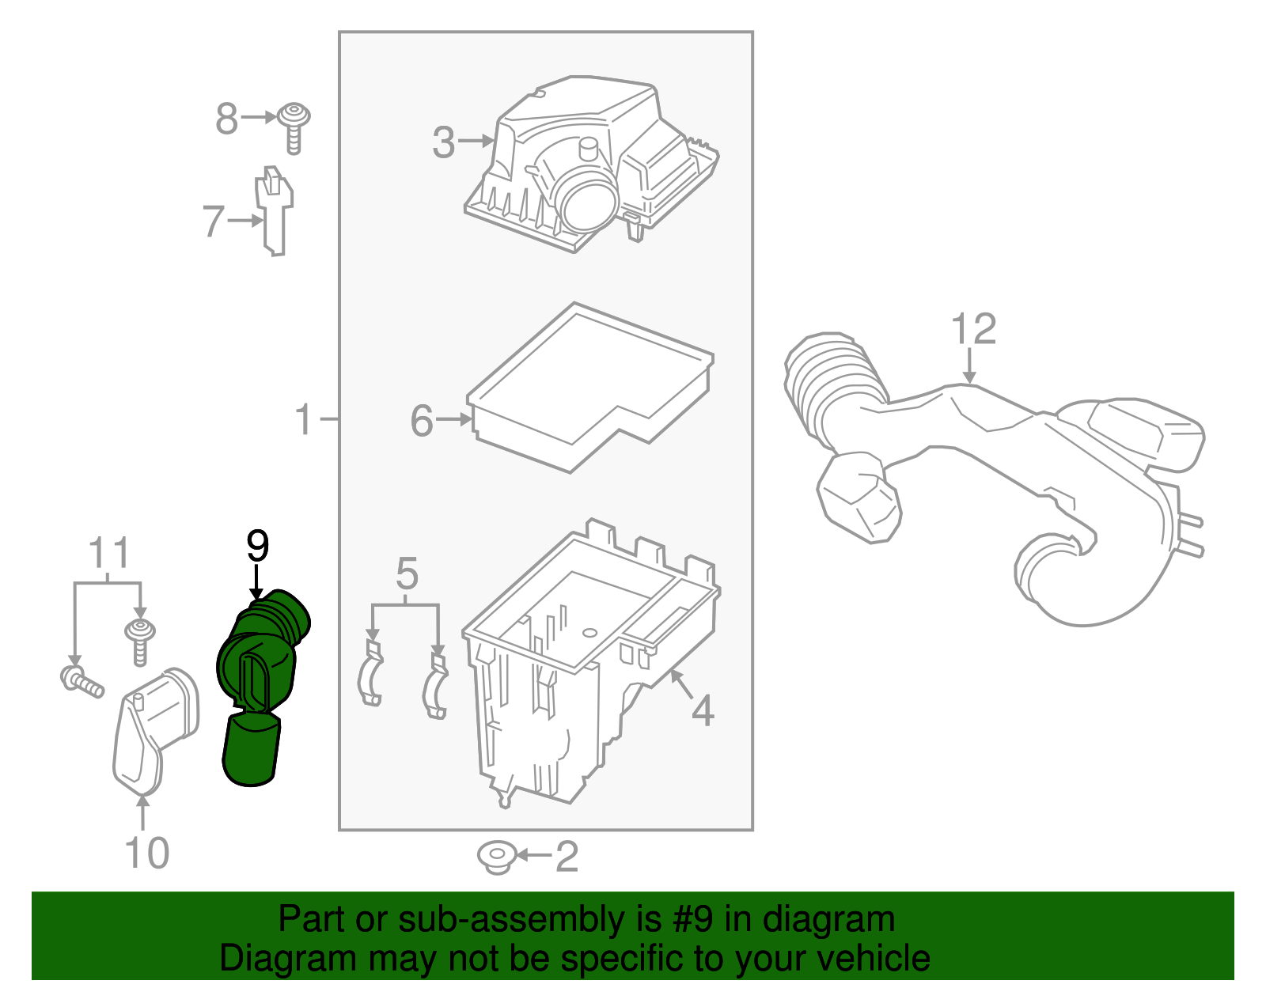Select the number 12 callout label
(x=972, y=329)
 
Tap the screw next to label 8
(x=294, y=127)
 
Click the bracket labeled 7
(x=274, y=212)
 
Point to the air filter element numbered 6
(x=589, y=388)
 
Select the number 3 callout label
(x=444, y=142)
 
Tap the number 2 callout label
(x=567, y=857)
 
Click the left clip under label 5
(x=370, y=675)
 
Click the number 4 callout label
(x=702, y=710)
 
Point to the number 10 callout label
(x=147, y=853)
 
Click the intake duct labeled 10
(x=154, y=728)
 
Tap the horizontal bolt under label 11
(x=81, y=682)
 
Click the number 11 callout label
(x=108, y=554)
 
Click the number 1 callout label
(x=304, y=418)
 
